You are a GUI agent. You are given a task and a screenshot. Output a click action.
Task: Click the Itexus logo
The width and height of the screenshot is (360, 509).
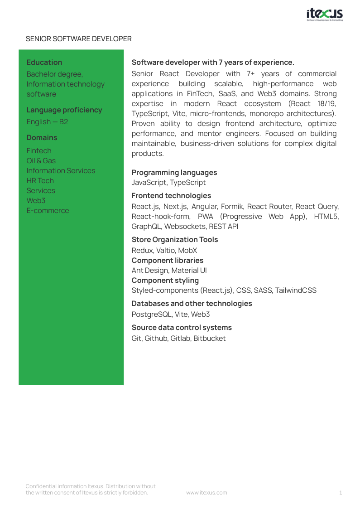tap(324, 15)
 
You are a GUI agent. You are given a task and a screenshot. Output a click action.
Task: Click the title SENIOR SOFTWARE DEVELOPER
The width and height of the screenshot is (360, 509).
tap(79, 39)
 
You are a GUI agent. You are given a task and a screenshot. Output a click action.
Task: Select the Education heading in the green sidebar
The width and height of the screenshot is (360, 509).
tap(44, 63)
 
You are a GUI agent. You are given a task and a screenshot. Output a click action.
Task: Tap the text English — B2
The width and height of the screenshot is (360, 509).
tap(47, 122)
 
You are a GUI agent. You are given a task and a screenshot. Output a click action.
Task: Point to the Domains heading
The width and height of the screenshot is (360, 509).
tap(42, 138)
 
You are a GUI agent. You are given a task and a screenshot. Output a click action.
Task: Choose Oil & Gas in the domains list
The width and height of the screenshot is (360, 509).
tap(41, 161)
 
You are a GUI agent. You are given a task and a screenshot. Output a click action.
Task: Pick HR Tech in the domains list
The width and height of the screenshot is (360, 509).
tap(40, 181)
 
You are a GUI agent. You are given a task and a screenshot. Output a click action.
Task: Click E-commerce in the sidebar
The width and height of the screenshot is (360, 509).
tap(48, 211)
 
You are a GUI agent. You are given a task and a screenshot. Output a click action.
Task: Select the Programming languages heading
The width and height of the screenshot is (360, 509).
tap(174, 173)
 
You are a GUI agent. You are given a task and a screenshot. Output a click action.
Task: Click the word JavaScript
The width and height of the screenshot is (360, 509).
tap(149, 183)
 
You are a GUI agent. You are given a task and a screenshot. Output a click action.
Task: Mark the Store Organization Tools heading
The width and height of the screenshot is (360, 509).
tap(174, 240)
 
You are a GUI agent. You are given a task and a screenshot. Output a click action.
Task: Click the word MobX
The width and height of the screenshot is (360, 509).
tap(187, 251)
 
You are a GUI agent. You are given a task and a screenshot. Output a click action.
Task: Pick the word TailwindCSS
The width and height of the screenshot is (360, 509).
tap(296, 291)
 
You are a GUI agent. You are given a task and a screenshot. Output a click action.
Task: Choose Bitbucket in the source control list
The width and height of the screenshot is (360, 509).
tap(209, 339)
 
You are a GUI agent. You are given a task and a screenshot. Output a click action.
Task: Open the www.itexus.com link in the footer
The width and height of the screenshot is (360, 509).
tap(206, 493)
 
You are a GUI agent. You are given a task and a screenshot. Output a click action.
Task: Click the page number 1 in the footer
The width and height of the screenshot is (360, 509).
tap(341, 493)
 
